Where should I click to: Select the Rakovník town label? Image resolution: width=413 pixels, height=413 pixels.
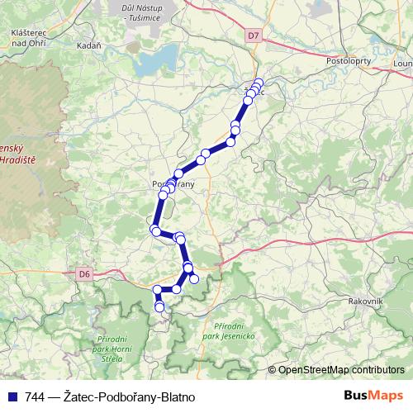364,301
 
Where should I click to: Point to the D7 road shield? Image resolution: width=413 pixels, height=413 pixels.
253,36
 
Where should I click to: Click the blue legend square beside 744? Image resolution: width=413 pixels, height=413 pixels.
12,397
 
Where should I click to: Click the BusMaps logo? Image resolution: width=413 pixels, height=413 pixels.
374,396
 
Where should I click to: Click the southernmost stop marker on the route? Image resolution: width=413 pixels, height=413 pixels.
159,307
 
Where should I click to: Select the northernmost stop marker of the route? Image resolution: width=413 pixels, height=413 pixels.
259,83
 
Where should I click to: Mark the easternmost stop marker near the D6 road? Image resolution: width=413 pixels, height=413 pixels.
194,279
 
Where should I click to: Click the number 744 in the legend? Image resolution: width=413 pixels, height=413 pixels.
35,397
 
